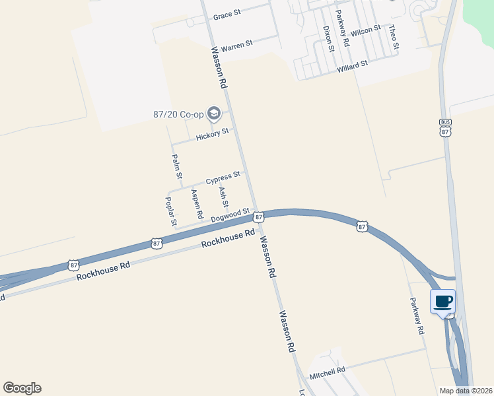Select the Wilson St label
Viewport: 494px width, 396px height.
[366, 30]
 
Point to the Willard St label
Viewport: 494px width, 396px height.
[352, 67]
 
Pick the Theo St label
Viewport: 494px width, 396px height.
[394, 37]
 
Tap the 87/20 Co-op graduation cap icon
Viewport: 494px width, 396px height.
[213, 114]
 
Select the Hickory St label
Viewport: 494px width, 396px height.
[212, 135]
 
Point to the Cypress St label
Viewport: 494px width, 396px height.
[223, 178]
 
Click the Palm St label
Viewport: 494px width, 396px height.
[176, 167]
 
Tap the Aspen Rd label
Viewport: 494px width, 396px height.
[196, 204]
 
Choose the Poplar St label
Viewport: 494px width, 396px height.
[170, 211]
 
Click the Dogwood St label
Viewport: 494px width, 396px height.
[230, 215]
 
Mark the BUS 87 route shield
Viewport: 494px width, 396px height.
[445, 127]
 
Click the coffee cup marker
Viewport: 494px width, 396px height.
[443, 302]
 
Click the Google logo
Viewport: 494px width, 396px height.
[22, 388]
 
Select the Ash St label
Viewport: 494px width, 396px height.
[223, 195]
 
